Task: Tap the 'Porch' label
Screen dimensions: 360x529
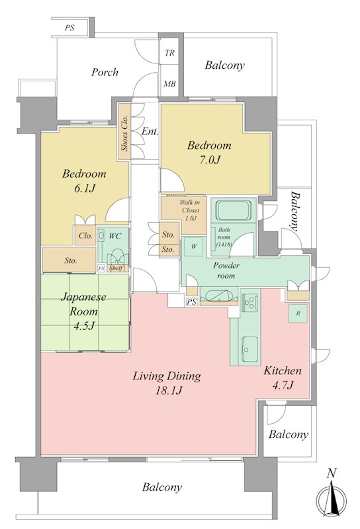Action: (105, 72)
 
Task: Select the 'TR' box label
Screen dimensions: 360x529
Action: (170, 53)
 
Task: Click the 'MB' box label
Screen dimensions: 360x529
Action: (170, 84)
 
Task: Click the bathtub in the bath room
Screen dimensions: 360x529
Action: (234, 210)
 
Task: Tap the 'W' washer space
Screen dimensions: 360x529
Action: (194, 246)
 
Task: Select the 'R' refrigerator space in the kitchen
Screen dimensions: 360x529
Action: (298, 313)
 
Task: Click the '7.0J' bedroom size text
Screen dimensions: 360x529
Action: (209, 159)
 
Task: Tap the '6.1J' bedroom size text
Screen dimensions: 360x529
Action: (85, 188)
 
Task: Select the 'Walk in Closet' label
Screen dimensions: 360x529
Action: (190, 206)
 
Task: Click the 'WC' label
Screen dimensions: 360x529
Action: (115, 236)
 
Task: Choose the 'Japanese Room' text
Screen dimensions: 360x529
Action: (83, 304)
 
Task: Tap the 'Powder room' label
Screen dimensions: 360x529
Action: (226, 270)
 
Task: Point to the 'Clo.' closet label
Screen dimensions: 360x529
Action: (85, 236)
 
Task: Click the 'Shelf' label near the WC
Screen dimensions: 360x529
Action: (116, 268)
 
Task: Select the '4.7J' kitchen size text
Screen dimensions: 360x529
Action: (283, 385)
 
